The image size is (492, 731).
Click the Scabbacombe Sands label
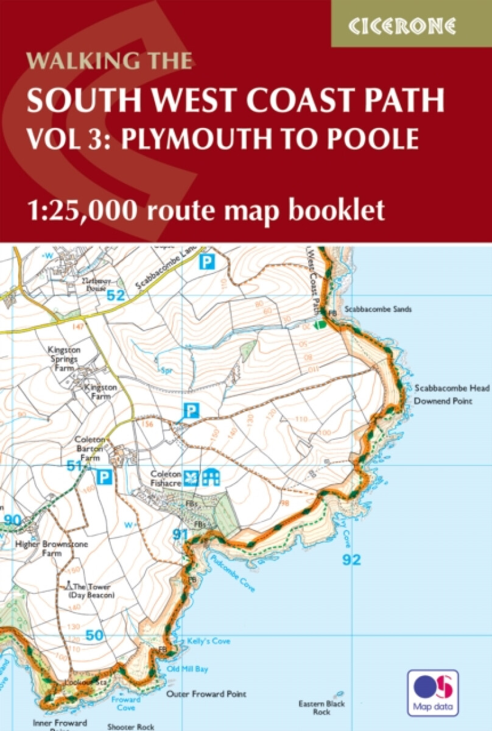378,309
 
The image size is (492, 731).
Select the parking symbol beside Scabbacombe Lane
208,263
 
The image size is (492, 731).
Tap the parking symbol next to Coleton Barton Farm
105,476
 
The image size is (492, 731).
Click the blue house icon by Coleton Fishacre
211,477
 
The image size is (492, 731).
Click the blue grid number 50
94,635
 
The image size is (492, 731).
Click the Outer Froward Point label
206,694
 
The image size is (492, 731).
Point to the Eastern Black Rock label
322,707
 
